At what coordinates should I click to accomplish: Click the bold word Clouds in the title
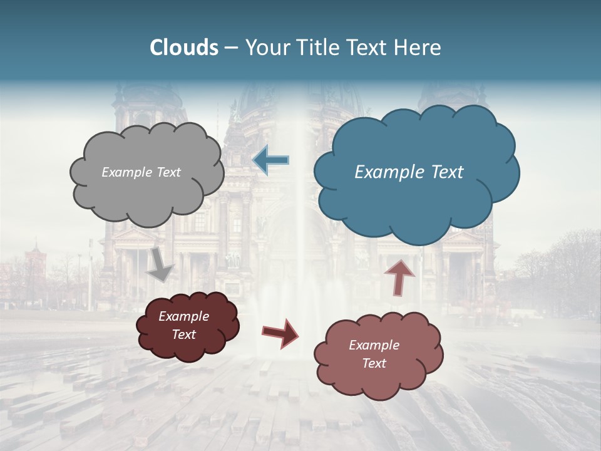click(x=184, y=48)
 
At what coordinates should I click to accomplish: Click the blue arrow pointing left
click(x=271, y=160)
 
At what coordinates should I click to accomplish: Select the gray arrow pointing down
click(x=162, y=263)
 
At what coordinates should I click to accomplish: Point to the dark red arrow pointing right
click(x=280, y=333)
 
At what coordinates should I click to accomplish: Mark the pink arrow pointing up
click(x=401, y=276)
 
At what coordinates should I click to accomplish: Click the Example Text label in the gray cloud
click(x=141, y=172)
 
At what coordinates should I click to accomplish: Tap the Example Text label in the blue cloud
click(x=409, y=172)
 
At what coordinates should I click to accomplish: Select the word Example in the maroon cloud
click(x=184, y=316)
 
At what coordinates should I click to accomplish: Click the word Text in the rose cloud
click(x=374, y=363)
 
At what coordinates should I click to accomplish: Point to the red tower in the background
click(x=35, y=263)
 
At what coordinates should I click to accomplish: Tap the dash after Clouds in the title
click(x=231, y=48)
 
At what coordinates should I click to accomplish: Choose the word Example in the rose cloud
click(x=374, y=345)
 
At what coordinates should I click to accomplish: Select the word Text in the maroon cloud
click(x=184, y=334)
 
